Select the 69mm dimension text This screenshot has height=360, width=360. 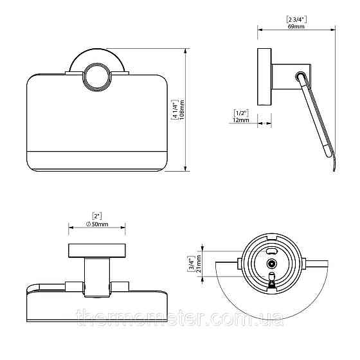click(x=296, y=26)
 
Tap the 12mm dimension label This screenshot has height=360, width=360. click(x=241, y=120)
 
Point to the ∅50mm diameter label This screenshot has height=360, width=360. click(x=97, y=224)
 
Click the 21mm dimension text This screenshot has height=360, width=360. click(x=199, y=264)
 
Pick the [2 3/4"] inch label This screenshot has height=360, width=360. click(x=296, y=20)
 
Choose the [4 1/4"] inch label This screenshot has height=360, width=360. click(x=175, y=110)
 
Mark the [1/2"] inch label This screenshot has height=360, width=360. click(x=241, y=113)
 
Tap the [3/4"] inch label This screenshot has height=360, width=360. click(x=192, y=264)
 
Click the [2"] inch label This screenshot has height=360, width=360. click(x=97, y=216)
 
